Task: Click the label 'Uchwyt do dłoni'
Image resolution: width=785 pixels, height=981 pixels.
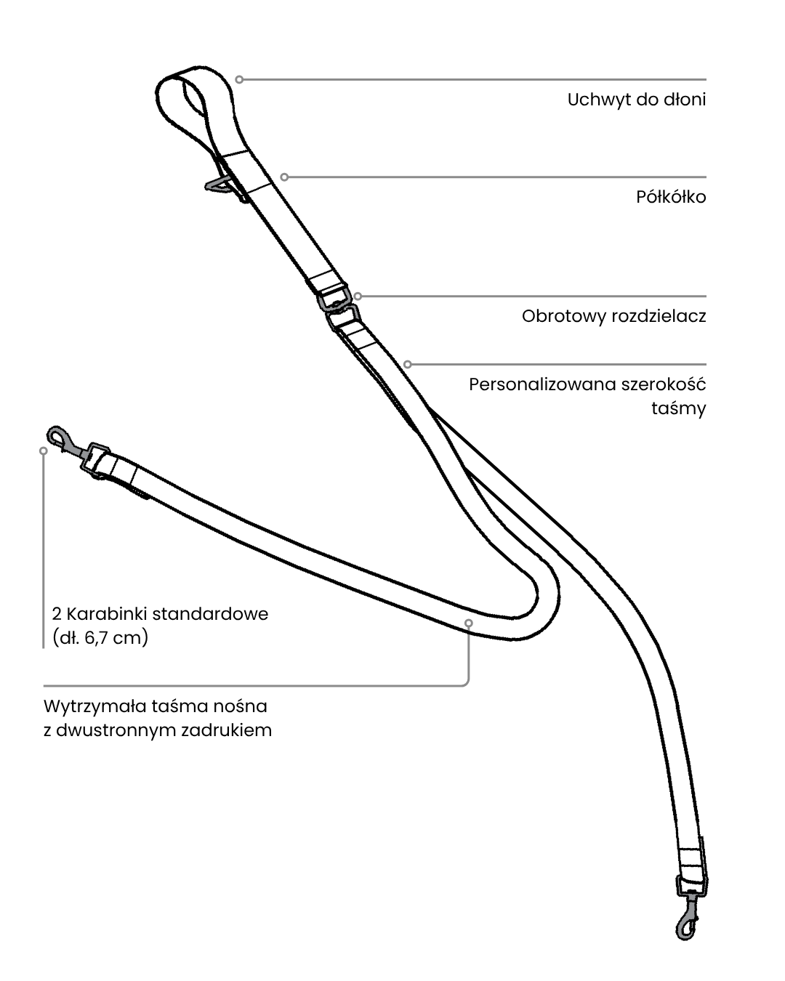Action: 636,100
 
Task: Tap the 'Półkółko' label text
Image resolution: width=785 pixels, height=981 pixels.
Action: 671,197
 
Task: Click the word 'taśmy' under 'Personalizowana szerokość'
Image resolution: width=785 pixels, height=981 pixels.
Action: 677,408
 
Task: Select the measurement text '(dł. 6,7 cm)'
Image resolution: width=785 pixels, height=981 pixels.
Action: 100,639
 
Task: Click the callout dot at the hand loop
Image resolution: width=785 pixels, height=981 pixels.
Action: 239,79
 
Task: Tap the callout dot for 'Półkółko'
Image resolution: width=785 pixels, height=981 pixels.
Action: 285,177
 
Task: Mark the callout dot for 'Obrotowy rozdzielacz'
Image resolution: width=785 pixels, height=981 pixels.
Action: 358,296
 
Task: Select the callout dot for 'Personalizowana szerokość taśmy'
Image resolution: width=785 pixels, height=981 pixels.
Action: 408,364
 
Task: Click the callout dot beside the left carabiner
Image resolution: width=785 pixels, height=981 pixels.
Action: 44,451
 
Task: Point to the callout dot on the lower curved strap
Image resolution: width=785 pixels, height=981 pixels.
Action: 468,623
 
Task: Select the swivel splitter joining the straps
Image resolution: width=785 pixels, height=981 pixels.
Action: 337,307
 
